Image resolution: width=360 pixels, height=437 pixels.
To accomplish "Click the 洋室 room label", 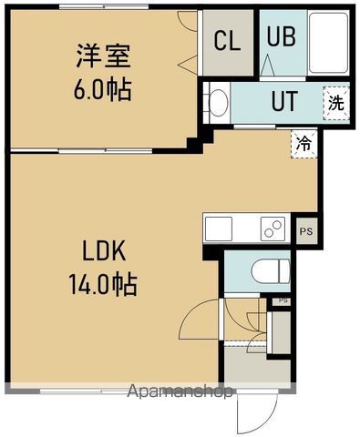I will tap(102, 56).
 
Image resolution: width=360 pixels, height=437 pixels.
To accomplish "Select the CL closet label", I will tap(228, 40).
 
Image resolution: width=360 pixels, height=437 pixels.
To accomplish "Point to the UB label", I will tap(279, 38).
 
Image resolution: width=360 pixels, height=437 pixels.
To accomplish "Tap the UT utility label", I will tap(283, 101).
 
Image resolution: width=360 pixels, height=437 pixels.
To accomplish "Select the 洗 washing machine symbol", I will tap(336, 101).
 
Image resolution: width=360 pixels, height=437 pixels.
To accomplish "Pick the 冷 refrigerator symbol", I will tap(303, 143).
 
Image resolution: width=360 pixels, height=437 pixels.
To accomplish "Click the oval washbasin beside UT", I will tap(218, 101).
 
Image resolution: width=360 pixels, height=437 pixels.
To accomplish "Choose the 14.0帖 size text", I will tap(102, 284).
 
